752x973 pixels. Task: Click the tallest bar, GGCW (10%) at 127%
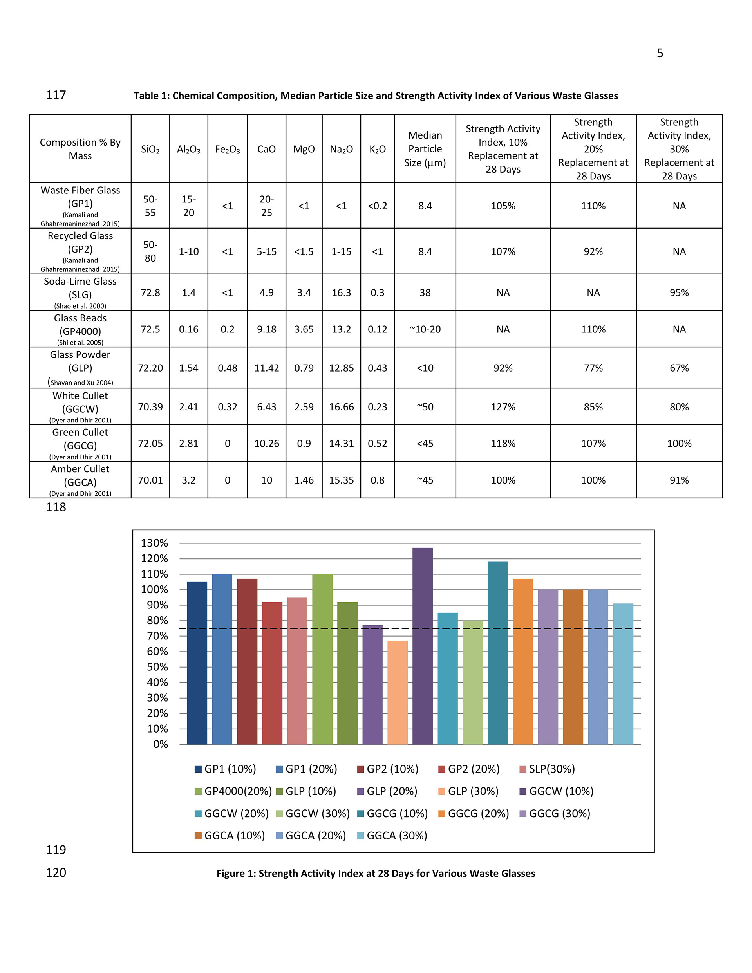pos(422,646)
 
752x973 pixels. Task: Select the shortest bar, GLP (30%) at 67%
pos(397,692)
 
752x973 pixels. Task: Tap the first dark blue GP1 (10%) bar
pos(197,663)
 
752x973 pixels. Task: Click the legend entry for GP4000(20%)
pos(233,791)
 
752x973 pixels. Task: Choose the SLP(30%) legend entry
pos(548,769)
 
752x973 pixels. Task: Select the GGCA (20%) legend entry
pos(311,836)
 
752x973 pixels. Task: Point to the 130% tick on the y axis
pos(154,543)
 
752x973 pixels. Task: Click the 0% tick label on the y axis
pos(161,744)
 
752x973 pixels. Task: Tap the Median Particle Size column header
pos(425,149)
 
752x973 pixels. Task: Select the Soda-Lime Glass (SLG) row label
pos(80,292)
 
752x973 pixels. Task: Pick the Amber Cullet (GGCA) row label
pos(80,480)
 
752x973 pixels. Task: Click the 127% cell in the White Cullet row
pos(503,407)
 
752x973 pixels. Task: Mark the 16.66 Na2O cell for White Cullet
pos(341,407)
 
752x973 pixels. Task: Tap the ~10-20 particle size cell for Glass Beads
pos(425,329)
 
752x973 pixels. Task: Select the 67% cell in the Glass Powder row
pos(679,368)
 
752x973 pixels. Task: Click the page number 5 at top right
pos(660,53)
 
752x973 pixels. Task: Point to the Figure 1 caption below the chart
pos(376,873)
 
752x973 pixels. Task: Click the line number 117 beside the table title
pos(56,95)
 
